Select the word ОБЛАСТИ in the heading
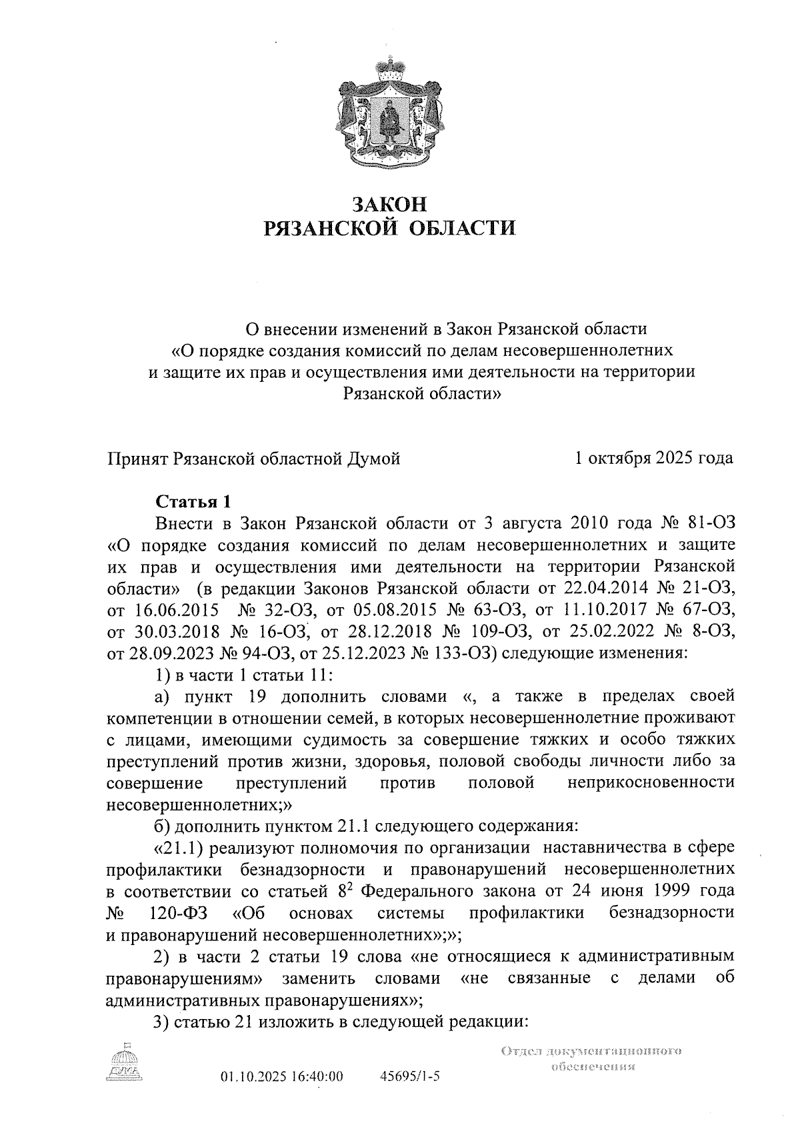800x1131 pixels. [461, 229]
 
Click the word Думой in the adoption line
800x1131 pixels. [373, 459]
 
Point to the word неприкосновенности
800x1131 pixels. [651, 782]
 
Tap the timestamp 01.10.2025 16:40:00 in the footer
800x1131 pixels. [281, 1076]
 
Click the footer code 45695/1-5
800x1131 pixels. [409, 1076]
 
